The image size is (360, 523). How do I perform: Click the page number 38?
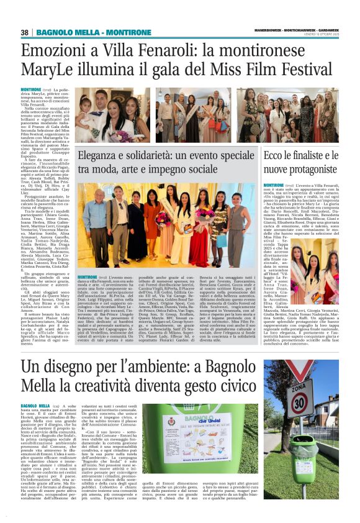(x=25, y=32)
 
